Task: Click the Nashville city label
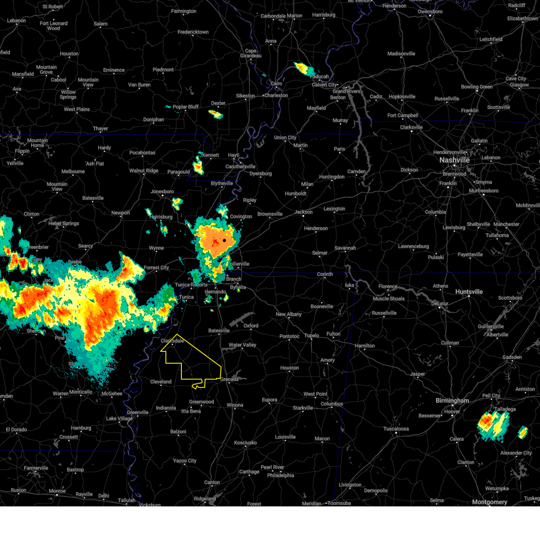pyautogui.click(x=454, y=160)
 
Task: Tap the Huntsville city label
pyautogui.click(x=469, y=292)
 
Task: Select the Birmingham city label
pyautogui.click(x=452, y=400)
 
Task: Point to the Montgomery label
pyautogui.click(x=490, y=502)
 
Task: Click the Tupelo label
pyautogui.click(x=311, y=335)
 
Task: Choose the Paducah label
pyautogui.click(x=319, y=77)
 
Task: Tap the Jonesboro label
pyautogui.click(x=162, y=192)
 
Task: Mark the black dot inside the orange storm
pyautogui.click(x=224, y=240)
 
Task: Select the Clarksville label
pyautogui.click(x=411, y=127)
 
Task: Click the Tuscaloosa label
pyautogui.click(x=396, y=429)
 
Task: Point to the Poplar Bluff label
pyautogui.click(x=186, y=107)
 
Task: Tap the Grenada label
pyautogui.click(x=229, y=379)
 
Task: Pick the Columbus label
pyautogui.click(x=332, y=404)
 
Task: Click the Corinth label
pyautogui.click(x=325, y=274)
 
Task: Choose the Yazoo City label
pyautogui.click(x=185, y=461)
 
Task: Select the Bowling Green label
pyautogui.click(x=477, y=87)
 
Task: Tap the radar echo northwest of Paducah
pyautogui.click(x=305, y=69)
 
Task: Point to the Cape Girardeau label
pyautogui.click(x=251, y=54)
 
